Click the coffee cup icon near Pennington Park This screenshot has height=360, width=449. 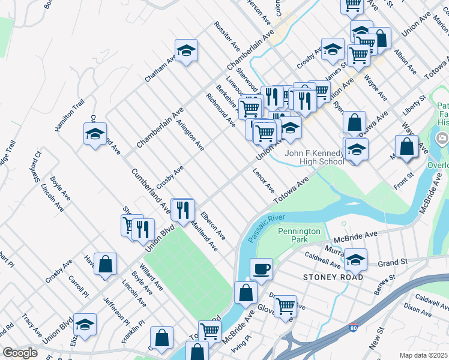(261, 268)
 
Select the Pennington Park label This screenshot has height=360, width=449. (299, 235)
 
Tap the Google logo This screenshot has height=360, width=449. (20, 353)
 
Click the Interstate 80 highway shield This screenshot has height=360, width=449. (354, 329)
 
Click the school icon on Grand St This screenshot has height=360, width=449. (355, 260)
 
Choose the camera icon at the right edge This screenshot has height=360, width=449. (443, 139)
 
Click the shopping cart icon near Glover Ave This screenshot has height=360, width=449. (286, 305)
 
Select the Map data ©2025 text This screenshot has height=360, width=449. (423, 355)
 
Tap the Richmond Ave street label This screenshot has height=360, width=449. (221, 110)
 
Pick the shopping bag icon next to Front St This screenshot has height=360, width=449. (406, 146)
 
